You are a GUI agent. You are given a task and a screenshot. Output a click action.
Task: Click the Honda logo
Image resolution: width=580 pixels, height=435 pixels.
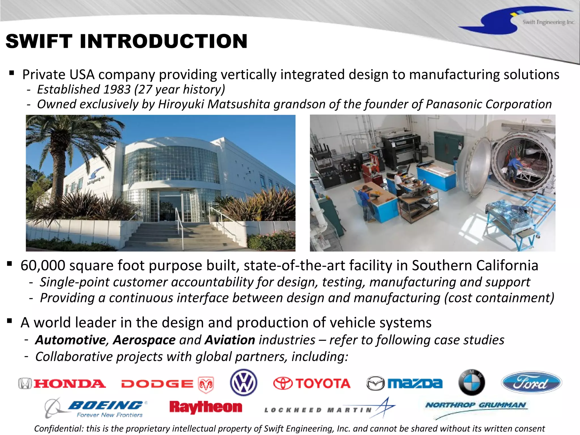pos(62,384)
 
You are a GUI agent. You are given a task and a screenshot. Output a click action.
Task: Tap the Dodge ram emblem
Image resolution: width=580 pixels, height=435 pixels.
pos(206,385)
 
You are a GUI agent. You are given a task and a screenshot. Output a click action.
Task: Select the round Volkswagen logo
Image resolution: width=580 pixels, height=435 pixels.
pos(244,382)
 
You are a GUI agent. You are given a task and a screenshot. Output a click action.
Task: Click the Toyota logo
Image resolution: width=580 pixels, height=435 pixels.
pos(312,383)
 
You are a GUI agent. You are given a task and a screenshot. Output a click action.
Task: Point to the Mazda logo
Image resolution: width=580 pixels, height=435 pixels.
pos(404,383)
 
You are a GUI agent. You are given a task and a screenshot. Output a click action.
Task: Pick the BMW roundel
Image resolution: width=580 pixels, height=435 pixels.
pos(472,382)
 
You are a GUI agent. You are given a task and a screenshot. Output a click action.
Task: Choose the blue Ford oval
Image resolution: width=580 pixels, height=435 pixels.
pos(532,383)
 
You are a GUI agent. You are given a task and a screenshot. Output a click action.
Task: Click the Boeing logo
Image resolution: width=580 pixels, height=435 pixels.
pos(96,408)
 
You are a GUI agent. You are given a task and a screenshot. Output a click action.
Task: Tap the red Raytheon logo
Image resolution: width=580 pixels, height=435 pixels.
pos(206,407)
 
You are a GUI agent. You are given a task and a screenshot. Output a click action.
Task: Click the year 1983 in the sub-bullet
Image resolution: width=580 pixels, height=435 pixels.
pos(117,89)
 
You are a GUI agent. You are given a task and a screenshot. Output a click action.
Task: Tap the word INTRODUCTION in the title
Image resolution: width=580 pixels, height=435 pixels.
pos(164,41)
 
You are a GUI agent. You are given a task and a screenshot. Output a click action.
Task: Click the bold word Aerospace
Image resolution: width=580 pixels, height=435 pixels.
pos(144,340)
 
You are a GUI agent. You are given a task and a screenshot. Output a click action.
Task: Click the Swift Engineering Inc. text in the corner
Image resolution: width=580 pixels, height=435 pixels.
pos(549,22)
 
